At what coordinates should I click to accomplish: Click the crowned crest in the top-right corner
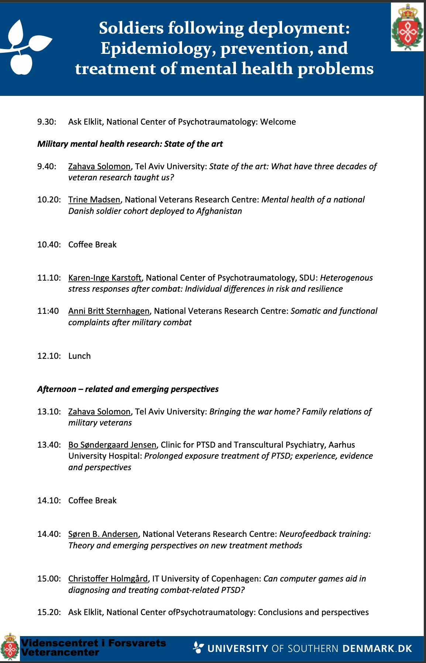click(407, 27)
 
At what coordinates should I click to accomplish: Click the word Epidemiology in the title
click(157, 48)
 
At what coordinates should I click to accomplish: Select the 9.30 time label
click(47, 122)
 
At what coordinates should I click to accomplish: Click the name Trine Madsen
click(94, 199)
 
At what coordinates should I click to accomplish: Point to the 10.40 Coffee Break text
click(92, 244)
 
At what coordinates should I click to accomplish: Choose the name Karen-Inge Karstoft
click(105, 278)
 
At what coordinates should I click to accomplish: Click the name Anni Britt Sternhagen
click(109, 311)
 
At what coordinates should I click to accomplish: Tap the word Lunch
click(79, 356)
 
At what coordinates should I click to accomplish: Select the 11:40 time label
click(48, 311)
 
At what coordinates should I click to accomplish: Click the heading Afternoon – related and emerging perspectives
click(128, 389)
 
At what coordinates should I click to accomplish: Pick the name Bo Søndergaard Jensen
click(112, 445)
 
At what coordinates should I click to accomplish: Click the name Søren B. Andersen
click(103, 534)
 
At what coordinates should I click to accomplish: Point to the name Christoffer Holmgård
click(108, 579)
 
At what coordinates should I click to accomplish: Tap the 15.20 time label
click(49, 612)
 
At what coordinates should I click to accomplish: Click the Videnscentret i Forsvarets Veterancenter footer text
click(93, 648)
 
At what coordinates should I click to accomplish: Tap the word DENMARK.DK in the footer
click(377, 649)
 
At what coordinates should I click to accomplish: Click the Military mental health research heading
click(130, 144)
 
